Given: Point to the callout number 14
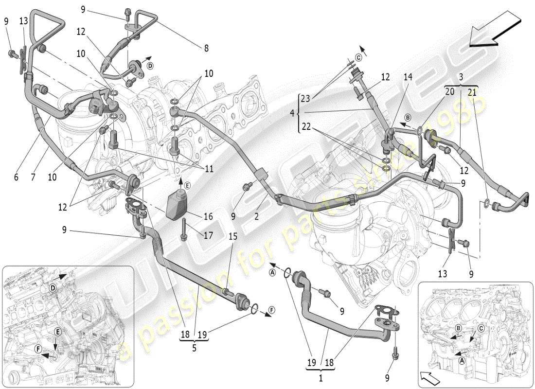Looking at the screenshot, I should (x=408, y=77).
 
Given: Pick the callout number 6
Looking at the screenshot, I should (x=16, y=177).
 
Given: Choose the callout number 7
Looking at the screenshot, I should (x=33, y=177).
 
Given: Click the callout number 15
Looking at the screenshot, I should (x=234, y=236).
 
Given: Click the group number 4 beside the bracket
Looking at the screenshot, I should (x=292, y=113).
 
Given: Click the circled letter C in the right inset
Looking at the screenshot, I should (x=481, y=328).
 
